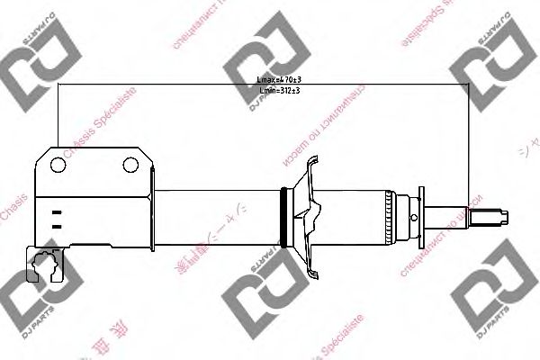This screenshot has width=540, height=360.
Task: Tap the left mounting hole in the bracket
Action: [x=58, y=165]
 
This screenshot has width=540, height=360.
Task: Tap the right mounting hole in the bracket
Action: [x=131, y=165]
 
